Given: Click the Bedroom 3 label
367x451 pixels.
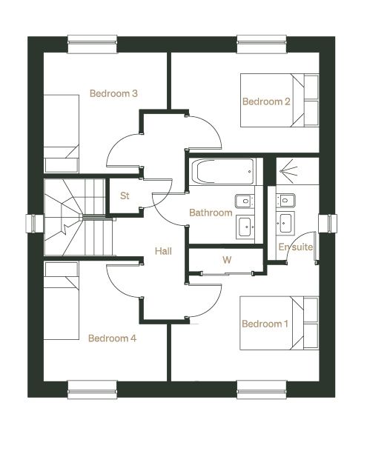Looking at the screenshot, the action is (x=113, y=93).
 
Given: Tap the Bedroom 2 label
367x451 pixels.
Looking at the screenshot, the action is (x=266, y=101).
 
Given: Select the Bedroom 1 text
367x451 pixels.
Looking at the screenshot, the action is (x=265, y=324).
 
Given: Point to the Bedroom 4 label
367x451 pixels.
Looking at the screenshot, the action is (x=113, y=338).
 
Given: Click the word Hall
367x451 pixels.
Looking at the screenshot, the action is (x=163, y=251).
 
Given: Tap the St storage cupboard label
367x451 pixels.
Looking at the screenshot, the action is (x=125, y=196).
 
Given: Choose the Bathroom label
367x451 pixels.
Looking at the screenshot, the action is (x=211, y=213).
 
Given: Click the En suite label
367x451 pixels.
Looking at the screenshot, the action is (x=296, y=247).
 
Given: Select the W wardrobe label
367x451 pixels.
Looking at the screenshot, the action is (x=227, y=260).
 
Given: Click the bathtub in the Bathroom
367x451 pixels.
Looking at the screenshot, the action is (x=222, y=171).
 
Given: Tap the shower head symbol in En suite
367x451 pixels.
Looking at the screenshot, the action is (x=288, y=171).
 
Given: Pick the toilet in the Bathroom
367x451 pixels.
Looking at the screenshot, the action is (x=245, y=201).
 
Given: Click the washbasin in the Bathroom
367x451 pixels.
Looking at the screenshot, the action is (x=245, y=227).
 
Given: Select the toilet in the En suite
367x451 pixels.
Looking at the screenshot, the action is (x=285, y=200).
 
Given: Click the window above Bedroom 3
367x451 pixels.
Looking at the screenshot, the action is (x=93, y=44).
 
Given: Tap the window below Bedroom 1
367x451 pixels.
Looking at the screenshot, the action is (x=262, y=390).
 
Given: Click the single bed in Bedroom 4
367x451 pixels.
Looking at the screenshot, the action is (x=61, y=301).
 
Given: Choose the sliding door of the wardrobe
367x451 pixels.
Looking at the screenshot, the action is (x=227, y=274).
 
